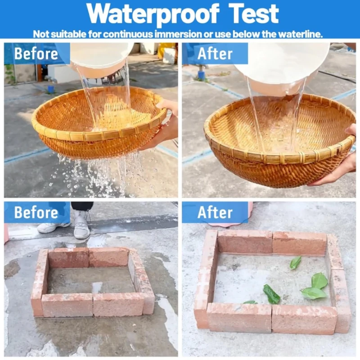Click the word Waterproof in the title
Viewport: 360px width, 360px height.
153,14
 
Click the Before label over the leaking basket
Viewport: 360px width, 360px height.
36,54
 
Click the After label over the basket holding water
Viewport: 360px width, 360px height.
215,54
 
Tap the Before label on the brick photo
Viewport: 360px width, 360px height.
36,212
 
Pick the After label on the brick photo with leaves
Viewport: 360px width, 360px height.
215,212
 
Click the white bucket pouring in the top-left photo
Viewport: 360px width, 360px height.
101,60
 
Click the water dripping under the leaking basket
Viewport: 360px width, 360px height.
99,175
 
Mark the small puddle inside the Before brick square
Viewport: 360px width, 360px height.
97,287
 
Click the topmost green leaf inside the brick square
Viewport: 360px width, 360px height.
295,262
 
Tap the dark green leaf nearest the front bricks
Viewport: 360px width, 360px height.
272,294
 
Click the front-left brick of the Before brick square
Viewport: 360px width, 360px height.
67,305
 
